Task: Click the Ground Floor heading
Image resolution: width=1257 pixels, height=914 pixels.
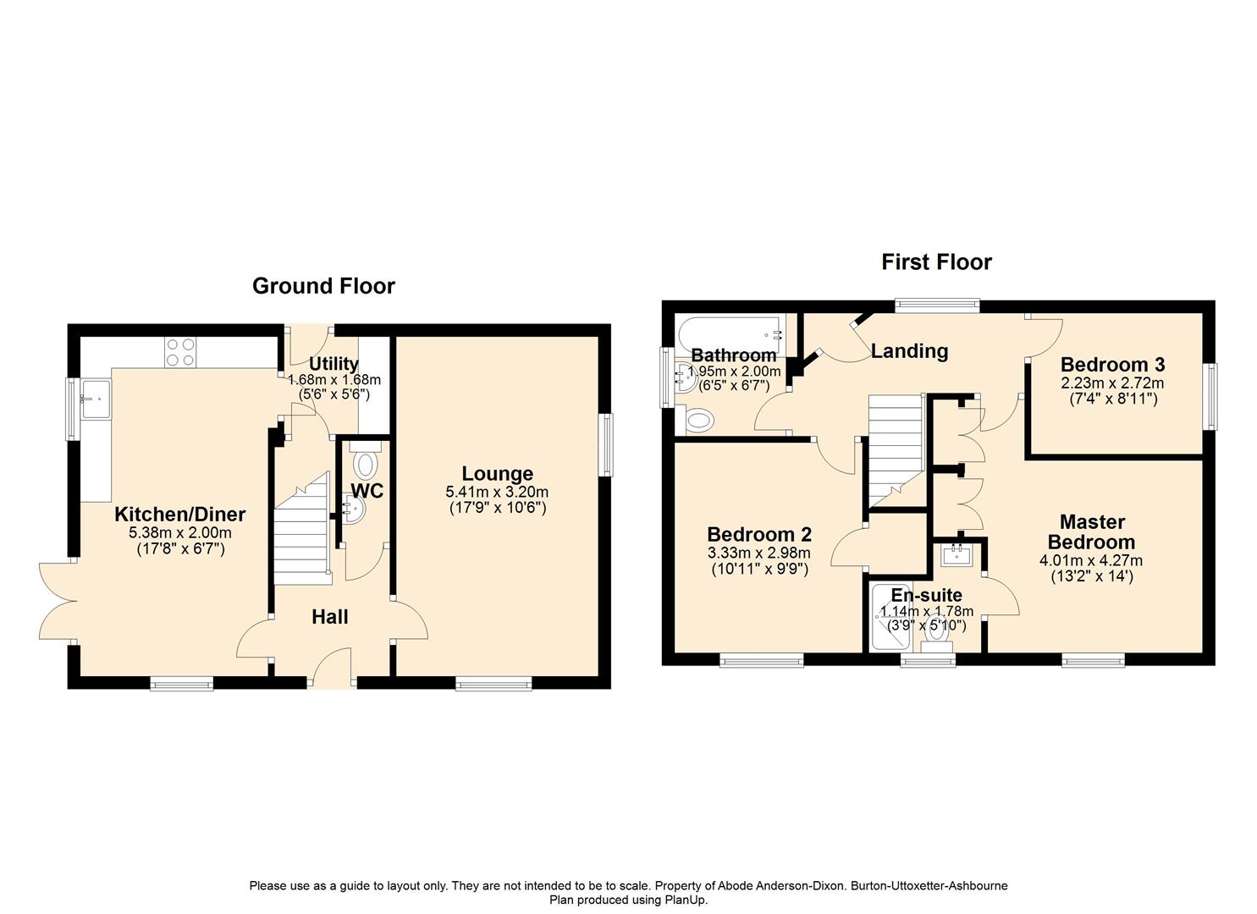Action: tap(323, 286)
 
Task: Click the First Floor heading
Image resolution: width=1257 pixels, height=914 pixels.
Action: tap(936, 262)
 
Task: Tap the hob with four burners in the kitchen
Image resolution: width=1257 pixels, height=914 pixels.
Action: tap(179, 352)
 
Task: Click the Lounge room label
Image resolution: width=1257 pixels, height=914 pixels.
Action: tap(497, 474)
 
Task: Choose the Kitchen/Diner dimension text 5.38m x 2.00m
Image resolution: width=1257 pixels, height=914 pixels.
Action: tap(180, 533)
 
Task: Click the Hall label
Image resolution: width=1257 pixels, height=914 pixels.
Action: tap(329, 617)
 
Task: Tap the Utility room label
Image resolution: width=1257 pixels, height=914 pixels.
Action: tap(334, 365)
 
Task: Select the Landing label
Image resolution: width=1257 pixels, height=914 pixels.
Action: tap(909, 350)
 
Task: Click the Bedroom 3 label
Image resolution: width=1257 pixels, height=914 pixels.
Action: tap(1112, 365)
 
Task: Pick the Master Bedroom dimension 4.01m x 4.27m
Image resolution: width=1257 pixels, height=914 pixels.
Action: tap(1090, 560)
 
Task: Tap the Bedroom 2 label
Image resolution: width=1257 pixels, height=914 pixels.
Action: tap(758, 534)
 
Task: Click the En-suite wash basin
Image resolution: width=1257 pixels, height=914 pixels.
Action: tap(958, 554)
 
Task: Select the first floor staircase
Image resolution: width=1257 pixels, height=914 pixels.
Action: tap(896, 449)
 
